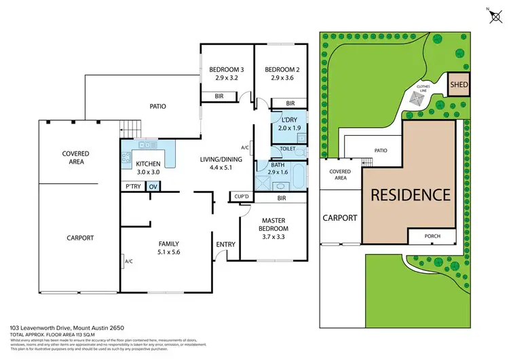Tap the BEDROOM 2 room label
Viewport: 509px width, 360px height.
coord(278,69)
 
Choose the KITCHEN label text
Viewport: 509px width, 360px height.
coord(148,164)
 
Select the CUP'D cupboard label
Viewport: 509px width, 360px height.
coord(241,197)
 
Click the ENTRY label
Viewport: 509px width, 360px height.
coord(225,245)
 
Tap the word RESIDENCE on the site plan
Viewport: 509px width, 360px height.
coord(409,194)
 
